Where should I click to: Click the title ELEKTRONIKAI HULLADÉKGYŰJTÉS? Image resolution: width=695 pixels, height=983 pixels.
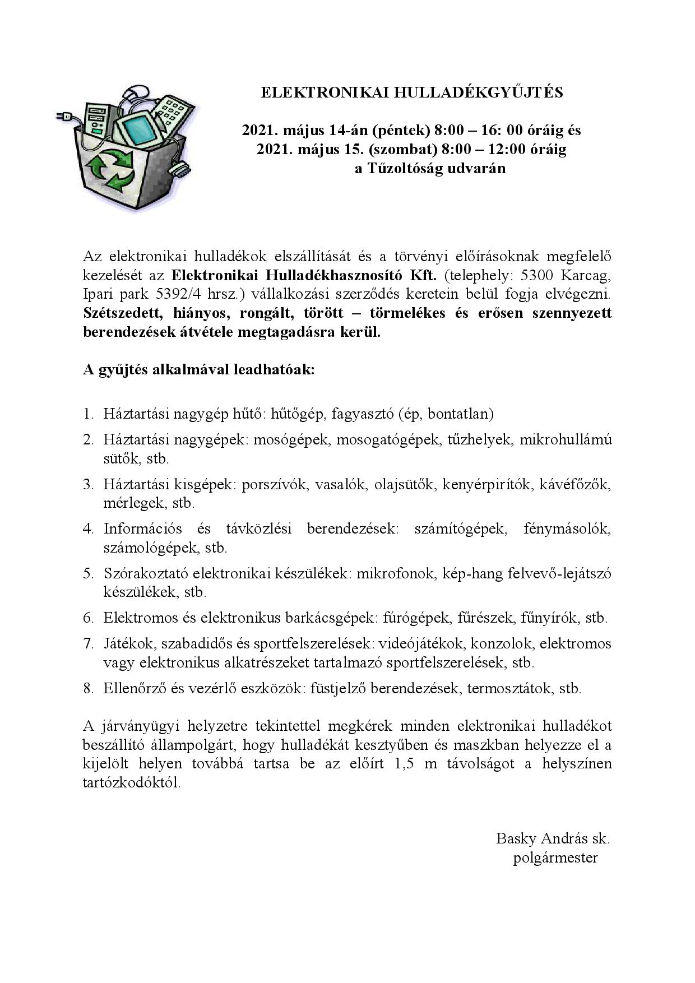[x=412, y=93]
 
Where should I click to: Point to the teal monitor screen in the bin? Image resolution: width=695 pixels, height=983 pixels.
[x=134, y=129]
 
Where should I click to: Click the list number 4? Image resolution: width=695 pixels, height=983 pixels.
[x=88, y=528]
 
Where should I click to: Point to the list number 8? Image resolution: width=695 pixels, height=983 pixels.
[x=88, y=688]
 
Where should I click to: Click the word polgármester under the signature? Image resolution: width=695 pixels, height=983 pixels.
[x=555, y=857]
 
